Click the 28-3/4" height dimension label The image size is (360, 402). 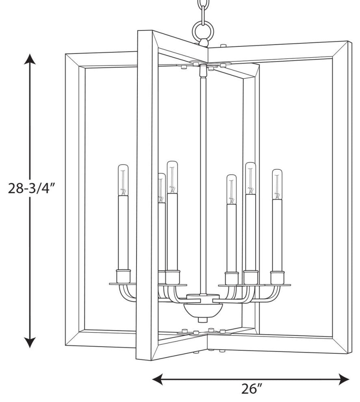[x=32, y=188]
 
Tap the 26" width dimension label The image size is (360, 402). [x=252, y=389]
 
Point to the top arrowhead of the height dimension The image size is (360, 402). [x=30, y=59]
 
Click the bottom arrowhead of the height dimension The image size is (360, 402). [x=30, y=342]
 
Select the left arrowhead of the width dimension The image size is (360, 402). [x=158, y=379]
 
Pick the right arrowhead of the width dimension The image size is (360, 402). [x=344, y=379]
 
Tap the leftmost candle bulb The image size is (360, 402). [x=123, y=180]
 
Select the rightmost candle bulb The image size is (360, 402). [x=277, y=184]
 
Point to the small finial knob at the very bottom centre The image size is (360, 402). [x=203, y=320]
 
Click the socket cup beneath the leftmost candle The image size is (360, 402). [x=124, y=276]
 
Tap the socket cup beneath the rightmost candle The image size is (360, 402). [x=278, y=278]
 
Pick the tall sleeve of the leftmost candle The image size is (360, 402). [x=123, y=233]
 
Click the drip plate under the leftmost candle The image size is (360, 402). [x=123, y=284]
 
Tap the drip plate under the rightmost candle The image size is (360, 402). [x=278, y=285]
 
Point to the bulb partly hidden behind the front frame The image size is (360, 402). [x=162, y=188]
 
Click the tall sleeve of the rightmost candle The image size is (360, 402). [x=277, y=236]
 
